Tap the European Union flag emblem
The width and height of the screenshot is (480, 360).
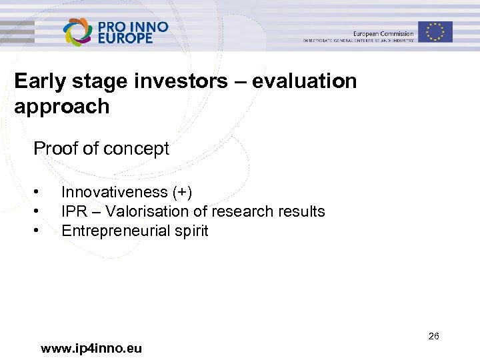click(435, 31)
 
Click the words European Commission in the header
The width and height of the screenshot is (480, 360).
click(383, 33)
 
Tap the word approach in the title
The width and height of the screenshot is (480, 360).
click(61, 107)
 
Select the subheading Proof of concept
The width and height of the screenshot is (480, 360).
click(101, 149)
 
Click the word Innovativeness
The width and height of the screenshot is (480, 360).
click(114, 192)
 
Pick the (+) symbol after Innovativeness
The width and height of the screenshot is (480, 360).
click(182, 192)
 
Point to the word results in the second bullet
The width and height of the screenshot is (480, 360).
click(301, 211)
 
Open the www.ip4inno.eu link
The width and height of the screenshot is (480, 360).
click(91, 348)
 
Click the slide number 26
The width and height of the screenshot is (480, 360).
click(433, 336)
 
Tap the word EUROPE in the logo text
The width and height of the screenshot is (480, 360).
click(125, 38)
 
